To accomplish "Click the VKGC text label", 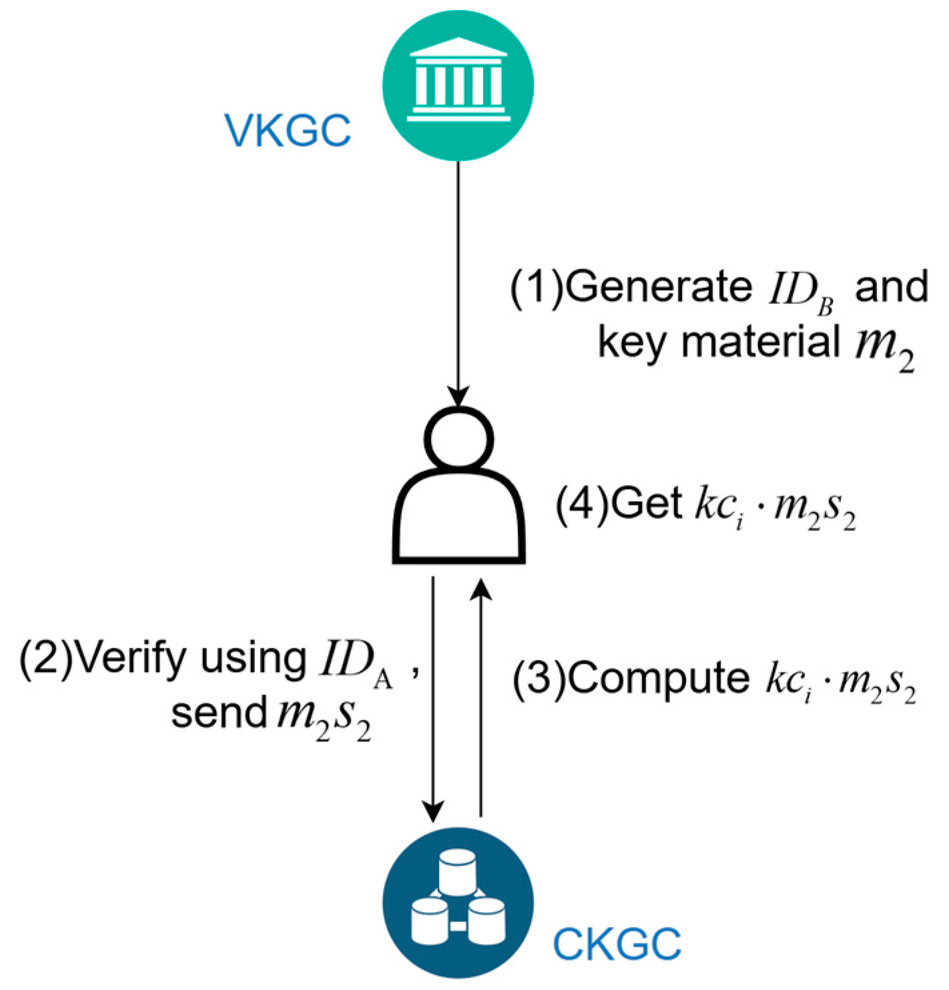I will tap(288, 131).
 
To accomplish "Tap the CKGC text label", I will tap(617, 943).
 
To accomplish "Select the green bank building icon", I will tap(458, 85).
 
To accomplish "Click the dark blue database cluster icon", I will tap(458, 903).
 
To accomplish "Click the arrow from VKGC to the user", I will tap(458, 280).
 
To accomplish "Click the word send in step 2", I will tap(219, 713).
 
